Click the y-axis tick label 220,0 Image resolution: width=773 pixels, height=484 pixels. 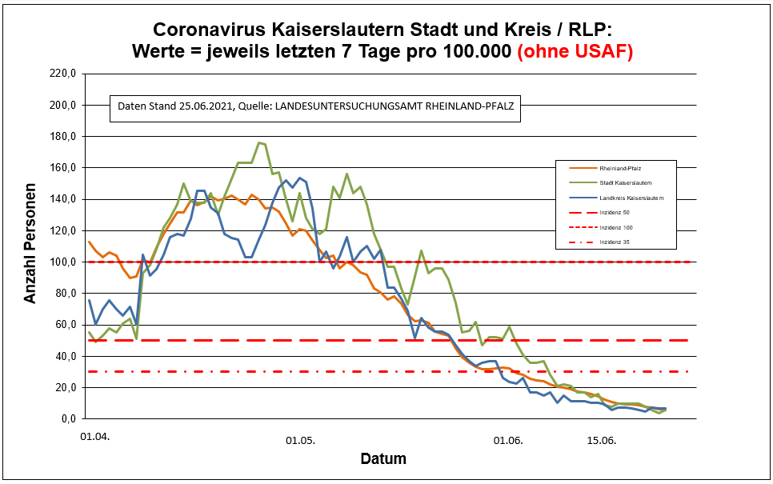point(62,74)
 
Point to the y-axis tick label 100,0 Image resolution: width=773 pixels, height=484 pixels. point(62,262)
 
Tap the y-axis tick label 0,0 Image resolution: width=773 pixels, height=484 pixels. point(67,418)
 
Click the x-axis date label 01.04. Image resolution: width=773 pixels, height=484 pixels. point(95,438)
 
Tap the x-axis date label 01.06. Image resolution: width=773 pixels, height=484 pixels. point(509,440)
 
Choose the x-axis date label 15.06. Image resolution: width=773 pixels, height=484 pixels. point(602,440)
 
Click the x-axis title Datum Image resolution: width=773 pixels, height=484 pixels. point(382,459)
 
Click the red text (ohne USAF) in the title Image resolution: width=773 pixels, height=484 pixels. point(575,51)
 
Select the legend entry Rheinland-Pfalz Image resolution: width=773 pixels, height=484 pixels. point(621,168)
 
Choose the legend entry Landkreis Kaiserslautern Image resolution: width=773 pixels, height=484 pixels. point(631,197)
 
